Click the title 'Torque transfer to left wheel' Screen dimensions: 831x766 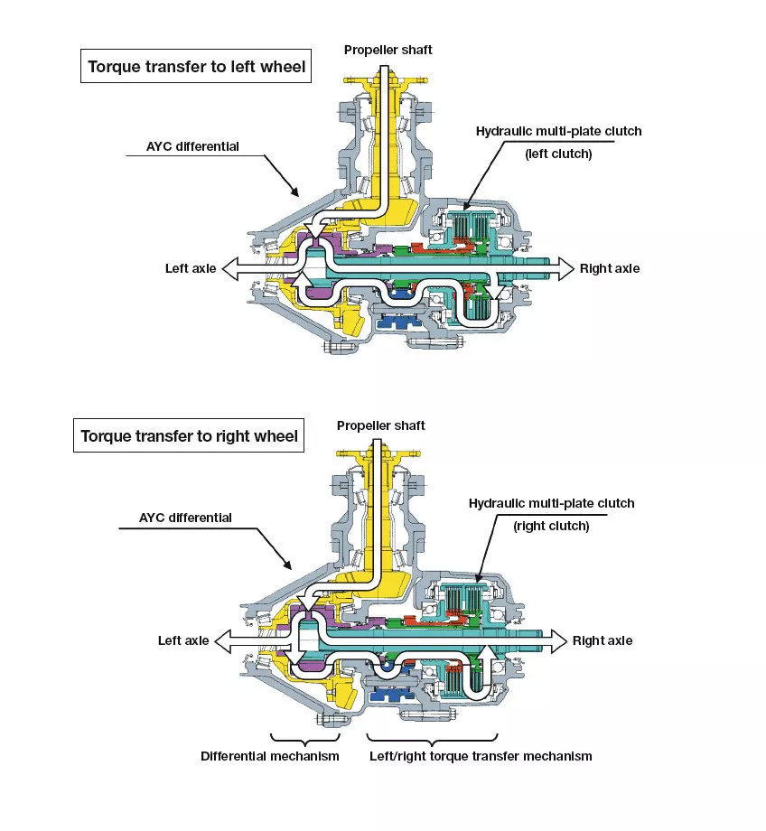click(195, 66)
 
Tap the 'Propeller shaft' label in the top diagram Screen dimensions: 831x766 click(388, 50)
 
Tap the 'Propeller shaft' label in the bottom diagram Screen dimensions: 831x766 click(380, 425)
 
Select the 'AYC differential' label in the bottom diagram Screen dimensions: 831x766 click(185, 518)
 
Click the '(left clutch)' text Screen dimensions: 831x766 click(558, 154)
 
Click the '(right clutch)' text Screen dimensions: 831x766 click(551, 526)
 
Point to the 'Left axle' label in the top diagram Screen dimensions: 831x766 click(190, 268)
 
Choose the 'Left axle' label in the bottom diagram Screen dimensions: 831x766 click(183, 640)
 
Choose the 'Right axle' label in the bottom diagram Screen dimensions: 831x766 click(603, 640)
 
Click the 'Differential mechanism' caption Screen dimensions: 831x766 click(270, 756)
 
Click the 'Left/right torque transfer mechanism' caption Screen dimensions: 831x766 click(480, 756)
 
